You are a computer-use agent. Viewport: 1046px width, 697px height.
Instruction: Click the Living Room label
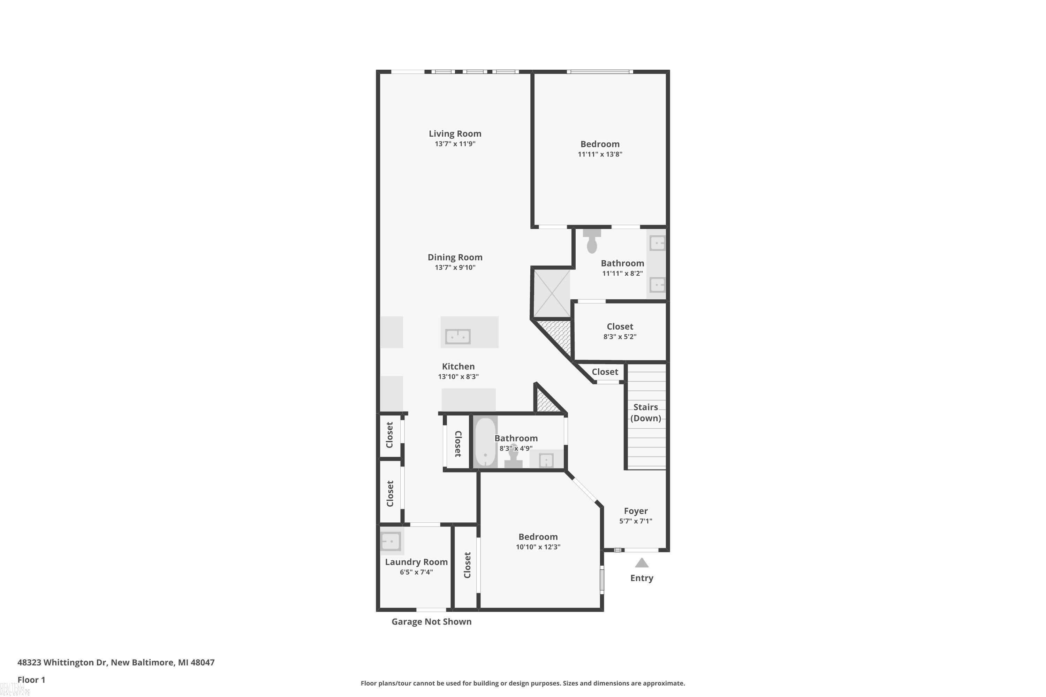pos(455,133)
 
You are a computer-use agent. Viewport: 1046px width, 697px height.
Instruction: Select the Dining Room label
pos(455,257)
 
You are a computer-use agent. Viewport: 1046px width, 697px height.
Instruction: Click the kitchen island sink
pos(457,337)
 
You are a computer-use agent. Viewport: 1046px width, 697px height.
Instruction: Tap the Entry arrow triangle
pos(641,563)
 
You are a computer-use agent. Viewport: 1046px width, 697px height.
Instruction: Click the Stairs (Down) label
pos(645,413)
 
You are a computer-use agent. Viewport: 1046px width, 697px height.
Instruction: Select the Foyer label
pos(636,511)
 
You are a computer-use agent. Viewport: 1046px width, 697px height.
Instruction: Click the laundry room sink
pos(391,542)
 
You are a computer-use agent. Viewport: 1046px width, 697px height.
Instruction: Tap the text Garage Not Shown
pos(431,621)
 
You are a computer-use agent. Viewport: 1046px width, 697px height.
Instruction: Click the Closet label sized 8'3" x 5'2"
pos(620,326)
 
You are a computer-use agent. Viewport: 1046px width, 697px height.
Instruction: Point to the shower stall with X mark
pos(552,293)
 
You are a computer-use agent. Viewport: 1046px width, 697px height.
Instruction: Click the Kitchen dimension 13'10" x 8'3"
pos(458,376)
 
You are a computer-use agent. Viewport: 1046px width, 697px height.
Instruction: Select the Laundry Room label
pos(416,562)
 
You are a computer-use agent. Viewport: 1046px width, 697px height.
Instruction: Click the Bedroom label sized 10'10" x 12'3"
pos(538,537)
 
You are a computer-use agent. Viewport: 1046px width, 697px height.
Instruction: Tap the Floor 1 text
pos(31,680)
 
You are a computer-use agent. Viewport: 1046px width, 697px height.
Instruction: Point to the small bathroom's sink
pos(546,460)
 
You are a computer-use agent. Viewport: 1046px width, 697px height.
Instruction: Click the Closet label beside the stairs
pos(604,372)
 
